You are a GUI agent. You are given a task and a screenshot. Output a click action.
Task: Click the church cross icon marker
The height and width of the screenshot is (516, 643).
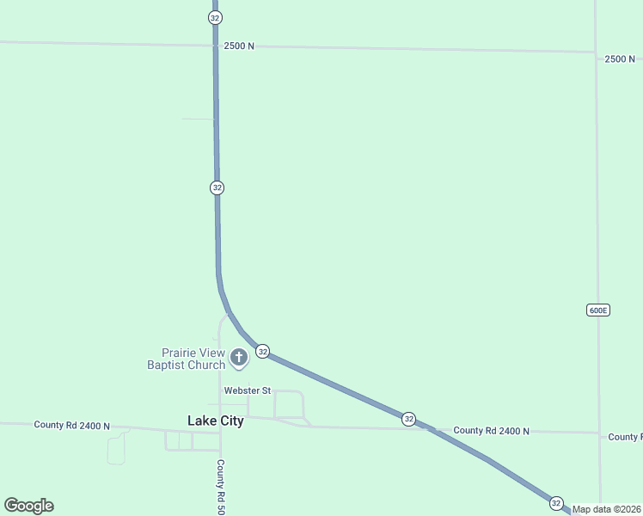click(x=239, y=355)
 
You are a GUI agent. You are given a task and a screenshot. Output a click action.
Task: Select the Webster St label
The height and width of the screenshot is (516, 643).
click(x=247, y=390)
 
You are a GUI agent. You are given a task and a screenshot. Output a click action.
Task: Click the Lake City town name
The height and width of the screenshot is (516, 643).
click(x=215, y=421)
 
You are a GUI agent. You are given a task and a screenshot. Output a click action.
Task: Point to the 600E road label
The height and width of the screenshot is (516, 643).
click(x=598, y=310)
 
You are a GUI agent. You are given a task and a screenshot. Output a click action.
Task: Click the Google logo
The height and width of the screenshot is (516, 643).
click(x=28, y=506)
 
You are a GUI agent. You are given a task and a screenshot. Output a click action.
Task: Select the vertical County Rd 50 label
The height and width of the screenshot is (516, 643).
click(x=221, y=486)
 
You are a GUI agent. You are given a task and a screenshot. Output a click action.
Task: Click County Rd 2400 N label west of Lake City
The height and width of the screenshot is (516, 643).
click(x=72, y=425)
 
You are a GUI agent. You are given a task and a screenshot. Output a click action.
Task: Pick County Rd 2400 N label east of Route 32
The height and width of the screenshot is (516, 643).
click(x=491, y=430)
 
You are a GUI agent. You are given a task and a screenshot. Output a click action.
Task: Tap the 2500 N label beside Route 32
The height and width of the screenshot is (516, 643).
click(x=238, y=46)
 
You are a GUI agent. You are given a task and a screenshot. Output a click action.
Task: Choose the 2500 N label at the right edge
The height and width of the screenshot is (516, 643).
click(x=620, y=58)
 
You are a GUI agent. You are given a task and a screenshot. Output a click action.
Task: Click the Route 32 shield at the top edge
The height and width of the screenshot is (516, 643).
click(x=215, y=17)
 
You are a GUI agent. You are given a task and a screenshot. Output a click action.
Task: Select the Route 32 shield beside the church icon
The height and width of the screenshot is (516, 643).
click(x=263, y=351)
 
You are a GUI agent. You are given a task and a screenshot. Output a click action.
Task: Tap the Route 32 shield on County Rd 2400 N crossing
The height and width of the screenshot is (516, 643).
click(x=408, y=419)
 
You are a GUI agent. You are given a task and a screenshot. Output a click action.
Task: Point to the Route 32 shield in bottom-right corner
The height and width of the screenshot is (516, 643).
click(x=556, y=503)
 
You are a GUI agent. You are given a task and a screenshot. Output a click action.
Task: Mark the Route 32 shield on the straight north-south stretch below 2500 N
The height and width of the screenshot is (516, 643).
click(x=217, y=187)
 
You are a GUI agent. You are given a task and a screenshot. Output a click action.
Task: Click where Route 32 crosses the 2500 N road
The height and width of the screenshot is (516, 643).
click(x=215, y=45)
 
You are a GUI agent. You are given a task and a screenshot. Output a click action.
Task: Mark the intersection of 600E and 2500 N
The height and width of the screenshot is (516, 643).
click(x=597, y=53)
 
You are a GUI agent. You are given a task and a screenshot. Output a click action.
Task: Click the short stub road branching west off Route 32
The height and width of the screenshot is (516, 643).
click(x=198, y=119)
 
